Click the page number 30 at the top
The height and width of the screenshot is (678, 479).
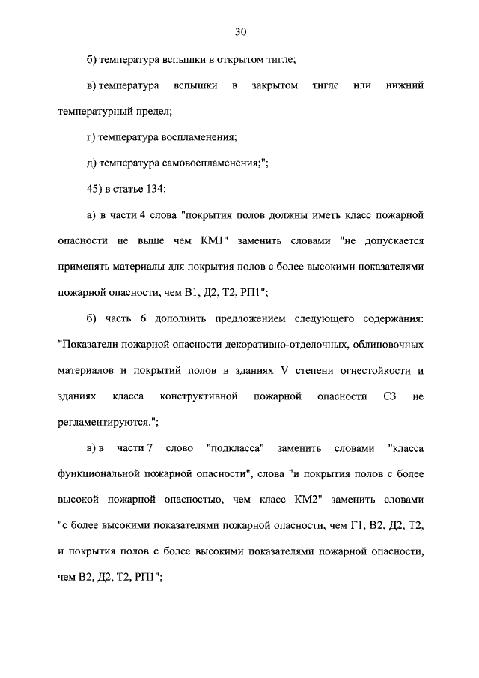click(239, 31)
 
